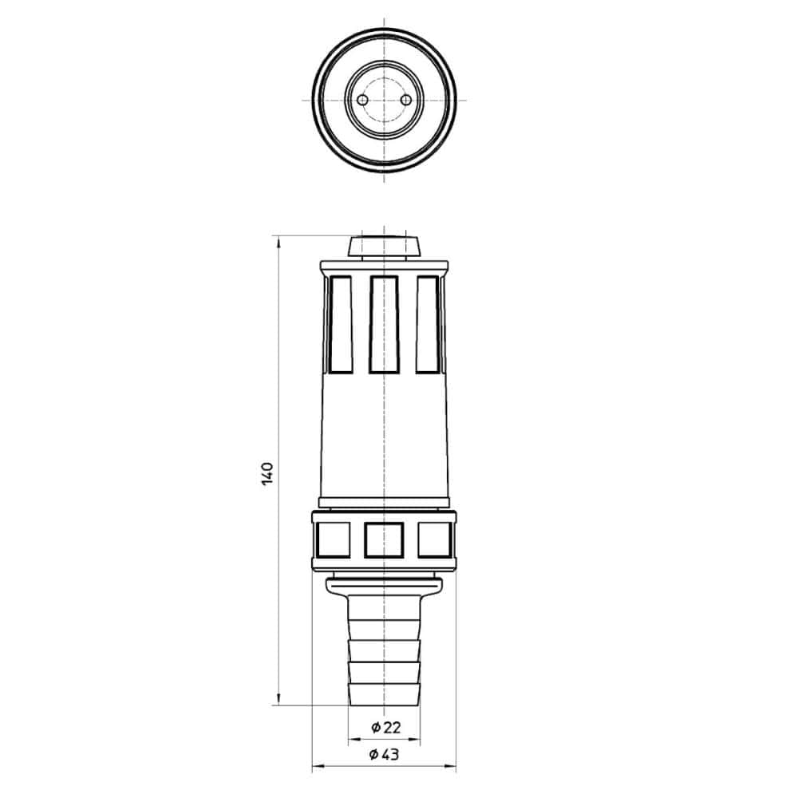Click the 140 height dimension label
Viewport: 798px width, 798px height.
coord(267,473)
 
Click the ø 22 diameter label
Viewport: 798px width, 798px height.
coord(385,727)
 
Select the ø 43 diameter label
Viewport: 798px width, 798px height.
coord(385,754)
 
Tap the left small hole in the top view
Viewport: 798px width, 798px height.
coord(361,101)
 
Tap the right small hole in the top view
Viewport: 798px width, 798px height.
coord(405,101)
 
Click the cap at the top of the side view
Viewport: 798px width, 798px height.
coord(384,247)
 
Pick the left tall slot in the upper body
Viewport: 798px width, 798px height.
coord(341,324)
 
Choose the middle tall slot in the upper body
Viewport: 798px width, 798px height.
coord(384,324)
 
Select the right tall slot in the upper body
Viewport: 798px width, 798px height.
coord(428,324)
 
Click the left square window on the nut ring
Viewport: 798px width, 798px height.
coord(333,539)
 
